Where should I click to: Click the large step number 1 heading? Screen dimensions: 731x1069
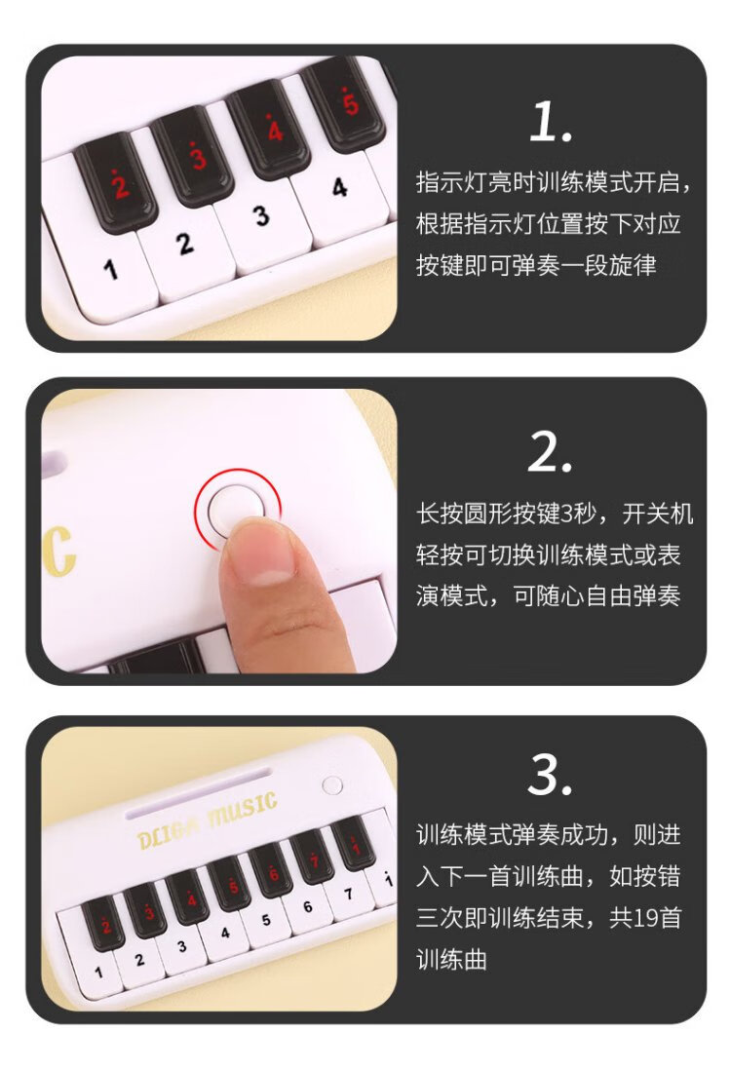point(550,122)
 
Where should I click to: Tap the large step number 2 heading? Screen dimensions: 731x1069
point(550,452)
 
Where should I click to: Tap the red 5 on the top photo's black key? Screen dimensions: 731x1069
point(349,102)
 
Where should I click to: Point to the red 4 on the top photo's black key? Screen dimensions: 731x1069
point(275,129)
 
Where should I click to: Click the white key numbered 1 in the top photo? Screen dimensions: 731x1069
point(102,273)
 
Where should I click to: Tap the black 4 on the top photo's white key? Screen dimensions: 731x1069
point(339,187)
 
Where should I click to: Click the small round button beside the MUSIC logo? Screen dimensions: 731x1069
point(332,785)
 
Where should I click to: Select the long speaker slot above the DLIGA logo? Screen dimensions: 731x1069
point(198,792)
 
